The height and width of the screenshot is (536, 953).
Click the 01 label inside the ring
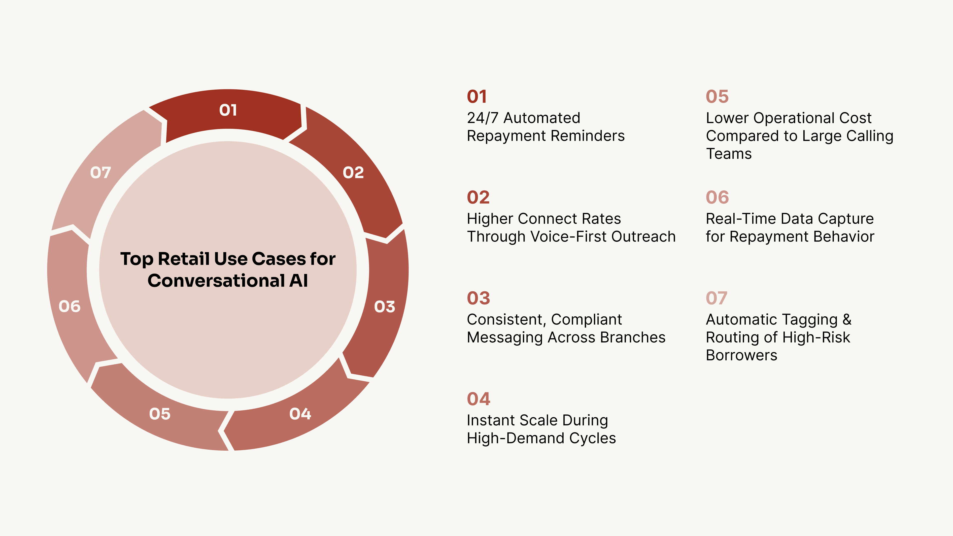[x=228, y=110]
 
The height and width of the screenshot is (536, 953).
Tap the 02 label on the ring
[x=353, y=172]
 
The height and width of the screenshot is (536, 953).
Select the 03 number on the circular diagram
[x=384, y=306]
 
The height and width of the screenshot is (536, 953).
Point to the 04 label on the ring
[x=300, y=414]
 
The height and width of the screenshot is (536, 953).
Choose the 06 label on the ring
[x=69, y=306]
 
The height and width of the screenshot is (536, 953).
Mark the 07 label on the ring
[x=101, y=172]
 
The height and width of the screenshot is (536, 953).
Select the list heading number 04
[x=478, y=399]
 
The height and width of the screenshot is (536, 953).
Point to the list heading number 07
[x=716, y=298]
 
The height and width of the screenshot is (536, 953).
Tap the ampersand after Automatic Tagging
[x=847, y=320]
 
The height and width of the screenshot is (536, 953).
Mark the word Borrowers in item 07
[x=741, y=356]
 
